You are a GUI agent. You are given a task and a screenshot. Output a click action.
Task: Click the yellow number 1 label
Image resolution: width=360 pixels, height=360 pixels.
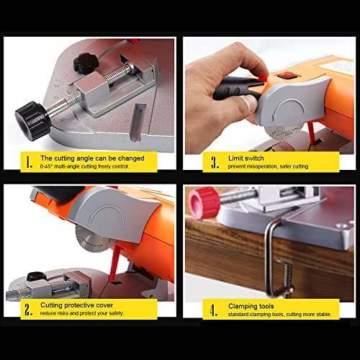pyautogui.click(x=27, y=162)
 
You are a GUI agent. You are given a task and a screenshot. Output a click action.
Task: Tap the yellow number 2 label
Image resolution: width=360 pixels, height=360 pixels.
pyautogui.click(x=27, y=309)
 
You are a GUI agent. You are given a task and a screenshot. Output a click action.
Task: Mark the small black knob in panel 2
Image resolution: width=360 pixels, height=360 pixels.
pyautogui.click(x=36, y=276)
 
